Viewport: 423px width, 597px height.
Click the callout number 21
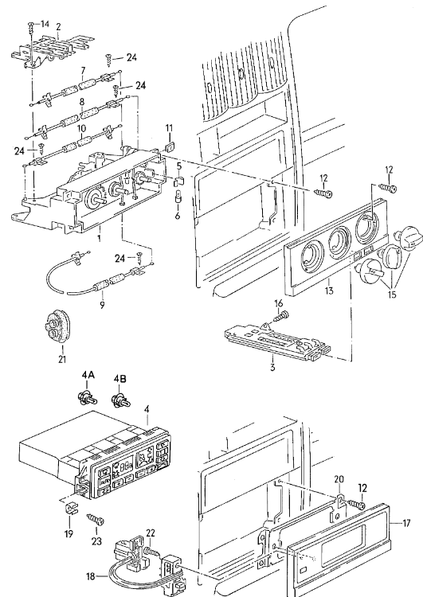(x=62, y=359)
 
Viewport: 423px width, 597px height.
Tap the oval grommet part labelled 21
(x=57, y=327)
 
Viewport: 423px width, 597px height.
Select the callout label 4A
(x=88, y=375)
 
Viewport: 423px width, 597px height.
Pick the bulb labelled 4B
(x=120, y=400)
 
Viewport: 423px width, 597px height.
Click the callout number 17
(x=406, y=524)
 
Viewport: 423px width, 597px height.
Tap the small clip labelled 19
(x=69, y=509)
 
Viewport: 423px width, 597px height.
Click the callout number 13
(x=329, y=291)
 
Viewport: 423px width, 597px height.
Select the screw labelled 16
(x=282, y=316)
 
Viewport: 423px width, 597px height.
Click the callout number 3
(x=272, y=368)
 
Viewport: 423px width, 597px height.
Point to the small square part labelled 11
(x=170, y=146)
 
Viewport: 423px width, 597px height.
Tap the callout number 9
(x=102, y=305)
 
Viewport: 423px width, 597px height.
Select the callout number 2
(x=58, y=26)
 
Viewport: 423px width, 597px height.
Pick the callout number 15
(x=392, y=295)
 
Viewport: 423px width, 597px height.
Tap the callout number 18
(x=90, y=576)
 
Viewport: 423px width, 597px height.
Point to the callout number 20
(x=339, y=479)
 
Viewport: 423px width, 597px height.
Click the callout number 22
(x=151, y=533)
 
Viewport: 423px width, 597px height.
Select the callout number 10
(x=81, y=128)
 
